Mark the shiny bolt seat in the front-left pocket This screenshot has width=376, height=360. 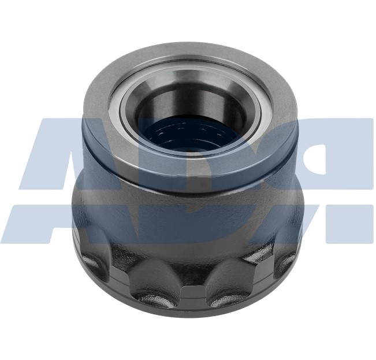[x=151, y=300]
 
